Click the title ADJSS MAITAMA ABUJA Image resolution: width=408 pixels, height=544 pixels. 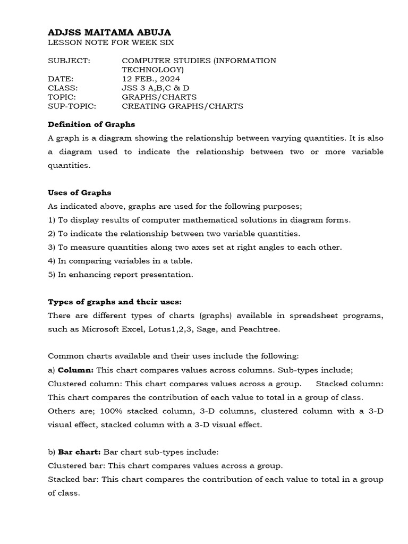pos(109,32)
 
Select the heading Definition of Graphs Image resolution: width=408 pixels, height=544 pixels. pos(91,124)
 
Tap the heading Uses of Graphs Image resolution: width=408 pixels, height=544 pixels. pos(80,192)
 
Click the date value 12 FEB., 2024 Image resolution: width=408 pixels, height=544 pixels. pos(152,79)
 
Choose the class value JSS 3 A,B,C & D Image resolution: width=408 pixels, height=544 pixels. pos(155,88)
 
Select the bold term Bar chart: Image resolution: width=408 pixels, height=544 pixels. pos(79,452)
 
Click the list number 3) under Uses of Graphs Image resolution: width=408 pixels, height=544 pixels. pos(52,247)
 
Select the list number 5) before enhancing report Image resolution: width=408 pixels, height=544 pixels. pos(52,275)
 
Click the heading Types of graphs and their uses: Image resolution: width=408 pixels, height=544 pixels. pos(115,302)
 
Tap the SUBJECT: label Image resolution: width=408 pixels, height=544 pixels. pos(69,61)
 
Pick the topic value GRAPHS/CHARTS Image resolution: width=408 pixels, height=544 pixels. pos(159,97)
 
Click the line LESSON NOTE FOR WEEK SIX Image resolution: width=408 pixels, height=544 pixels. pos(110,42)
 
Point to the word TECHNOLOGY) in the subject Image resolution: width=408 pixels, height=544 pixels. pos(153,70)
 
